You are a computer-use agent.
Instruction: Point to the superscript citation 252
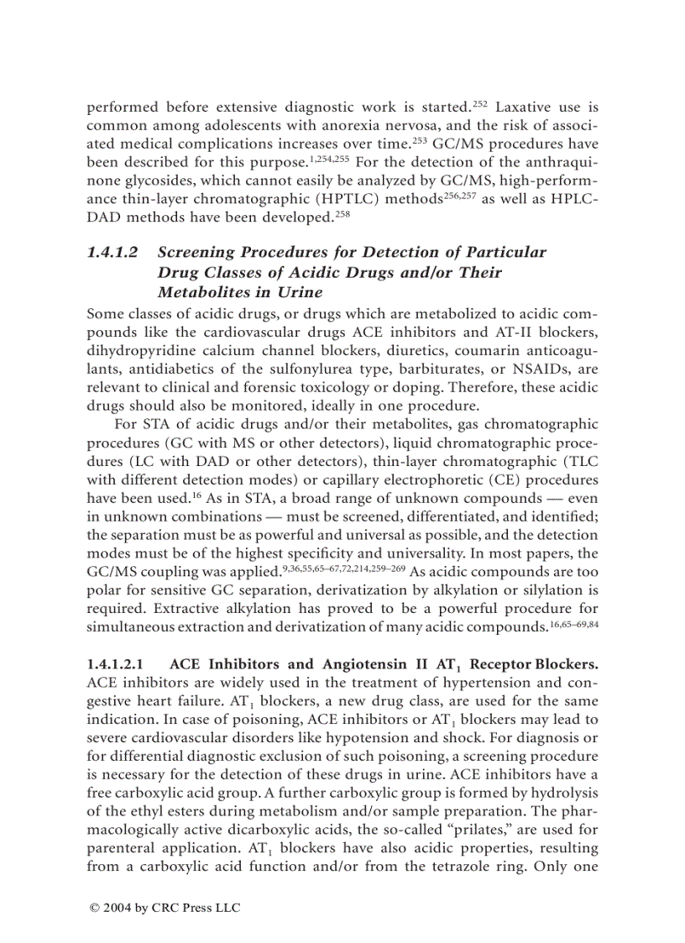click(x=479, y=104)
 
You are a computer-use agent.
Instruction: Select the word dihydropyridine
click(x=136, y=348)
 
